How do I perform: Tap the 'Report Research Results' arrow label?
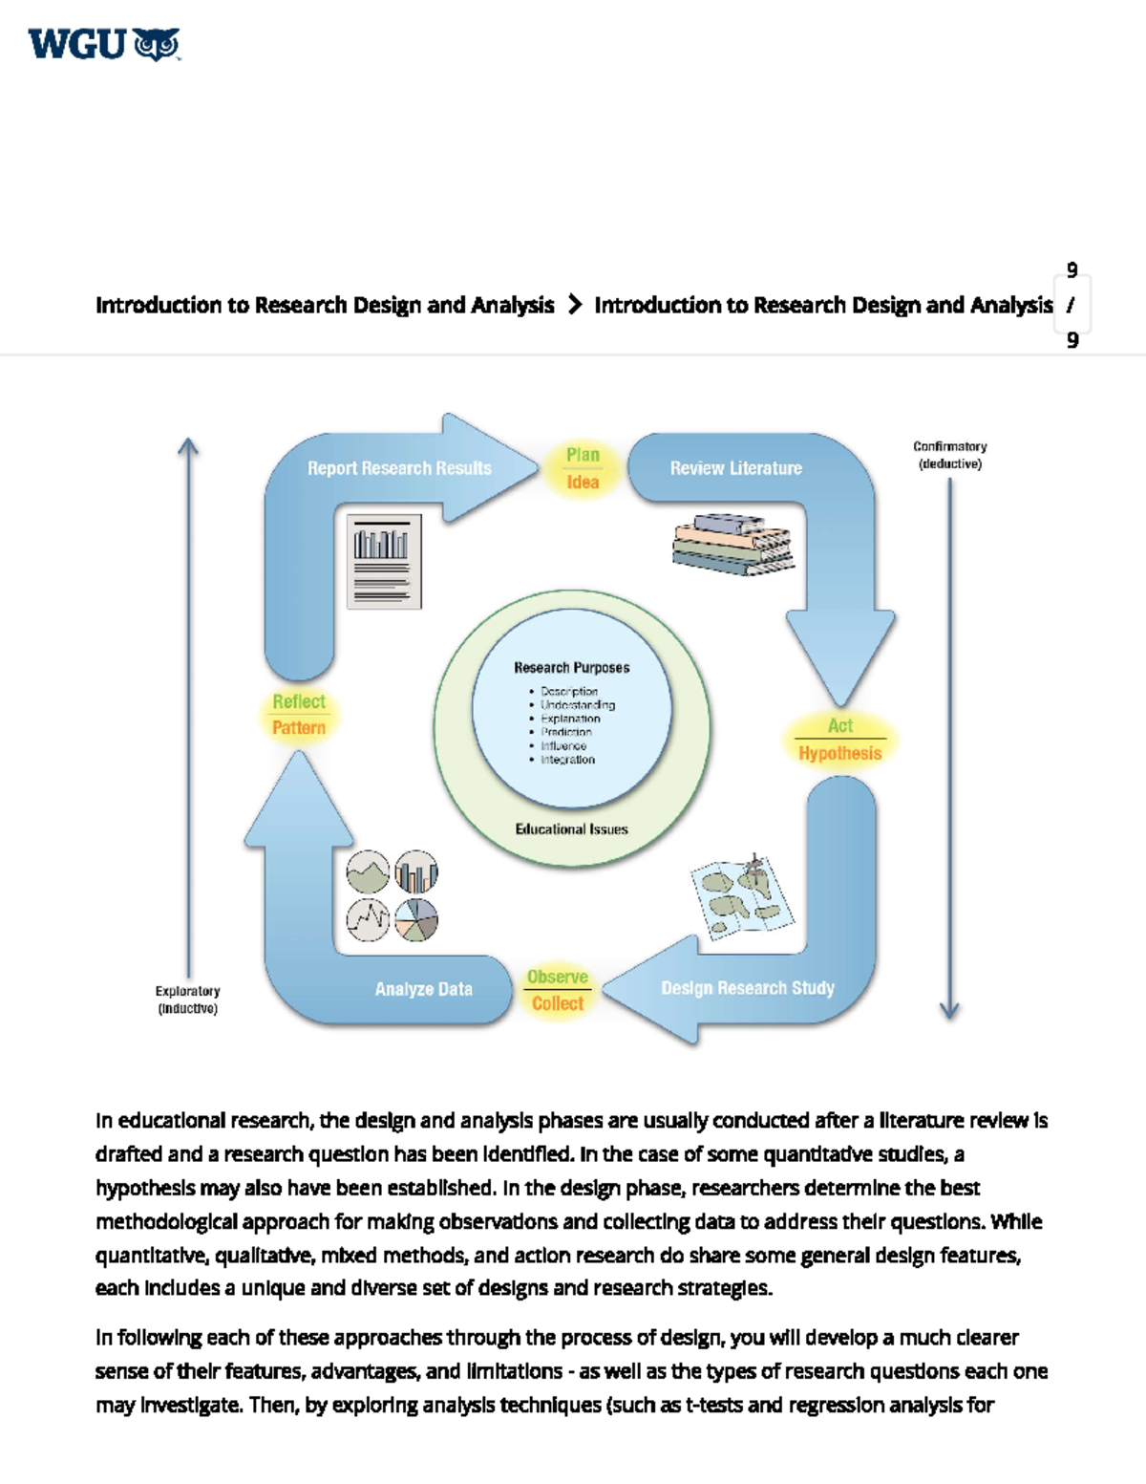(399, 468)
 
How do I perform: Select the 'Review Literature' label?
(735, 468)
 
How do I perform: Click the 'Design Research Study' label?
(748, 988)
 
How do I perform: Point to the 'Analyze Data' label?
(423, 989)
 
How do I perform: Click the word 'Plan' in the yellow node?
(583, 455)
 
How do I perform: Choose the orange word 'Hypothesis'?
(839, 753)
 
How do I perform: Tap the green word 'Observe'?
(558, 977)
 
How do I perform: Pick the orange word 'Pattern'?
(299, 728)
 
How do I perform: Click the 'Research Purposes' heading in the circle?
(571, 668)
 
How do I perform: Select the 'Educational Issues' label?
(571, 829)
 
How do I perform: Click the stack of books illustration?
(732, 545)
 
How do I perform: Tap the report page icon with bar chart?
(384, 562)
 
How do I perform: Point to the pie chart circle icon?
(416, 919)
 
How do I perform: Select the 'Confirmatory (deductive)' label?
(949, 455)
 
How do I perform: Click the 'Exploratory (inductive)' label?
(187, 1000)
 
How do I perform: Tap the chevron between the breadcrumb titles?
(574, 305)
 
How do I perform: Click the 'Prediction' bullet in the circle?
(566, 732)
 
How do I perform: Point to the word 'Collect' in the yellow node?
(558, 1003)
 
